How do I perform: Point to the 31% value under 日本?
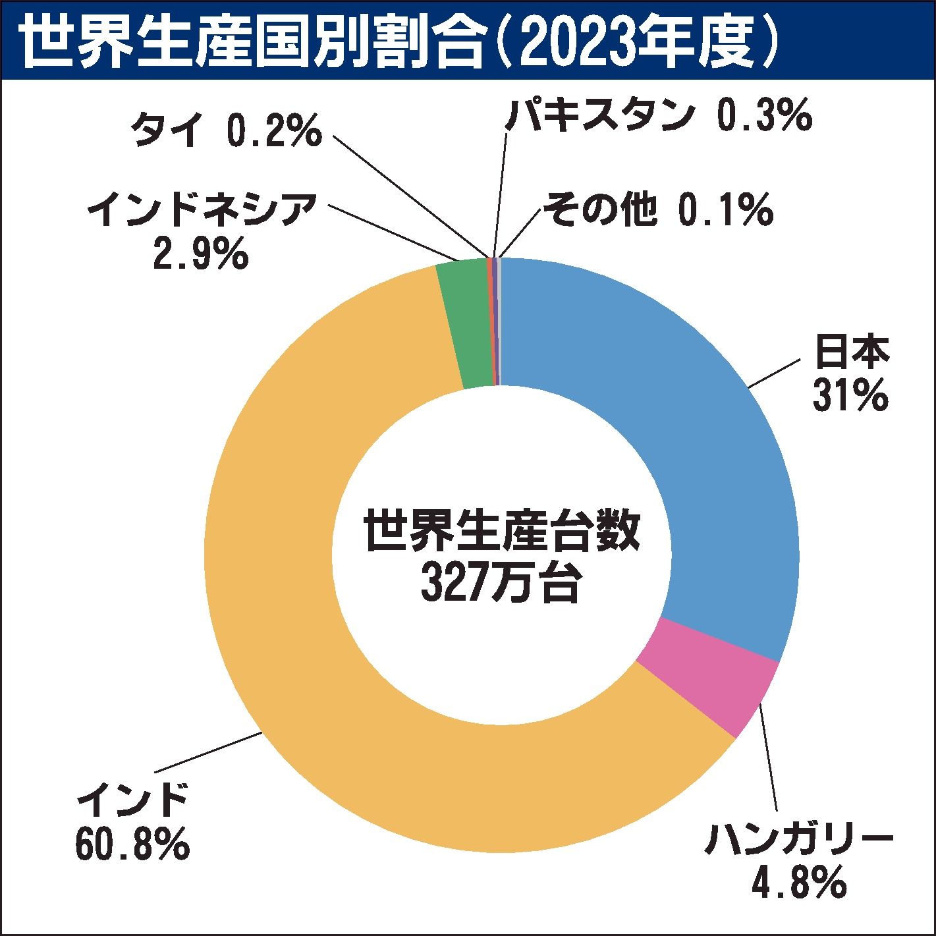click(x=850, y=396)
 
